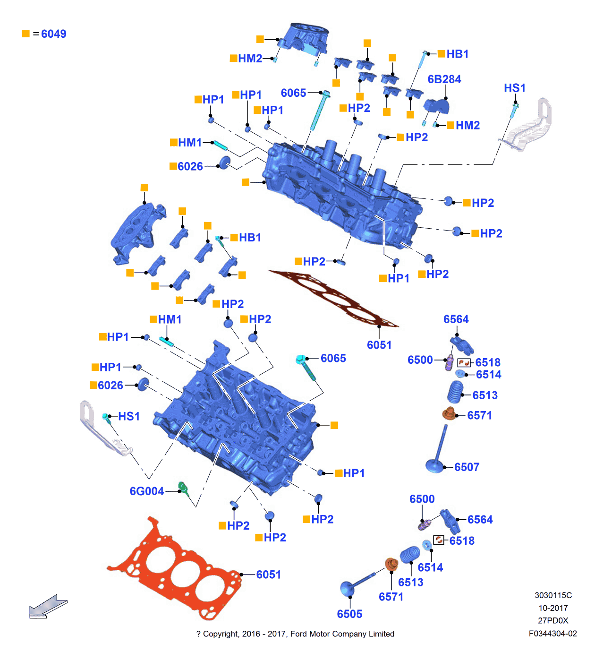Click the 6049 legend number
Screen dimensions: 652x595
(x=53, y=34)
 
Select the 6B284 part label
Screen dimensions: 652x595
(x=444, y=79)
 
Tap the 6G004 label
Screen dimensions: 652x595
(x=146, y=491)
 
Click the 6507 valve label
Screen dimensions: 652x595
(x=467, y=467)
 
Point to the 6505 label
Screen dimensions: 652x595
(x=349, y=614)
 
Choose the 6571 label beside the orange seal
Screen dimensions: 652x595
(x=479, y=416)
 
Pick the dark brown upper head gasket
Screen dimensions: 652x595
(x=333, y=298)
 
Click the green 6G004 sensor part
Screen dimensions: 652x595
(x=183, y=489)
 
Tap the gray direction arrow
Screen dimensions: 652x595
(x=47, y=607)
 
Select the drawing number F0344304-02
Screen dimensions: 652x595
(x=552, y=634)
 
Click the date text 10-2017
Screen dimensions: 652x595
(x=553, y=608)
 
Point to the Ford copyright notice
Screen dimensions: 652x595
(x=295, y=634)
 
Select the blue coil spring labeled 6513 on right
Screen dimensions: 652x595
(x=456, y=392)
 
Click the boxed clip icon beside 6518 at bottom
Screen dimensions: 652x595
(x=439, y=540)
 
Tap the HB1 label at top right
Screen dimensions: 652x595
(x=457, y=54)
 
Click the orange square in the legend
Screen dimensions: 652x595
(x=26, y=34)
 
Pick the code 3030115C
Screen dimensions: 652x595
(x=553, y=595)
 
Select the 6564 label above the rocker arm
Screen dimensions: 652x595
(x=456, y=319)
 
